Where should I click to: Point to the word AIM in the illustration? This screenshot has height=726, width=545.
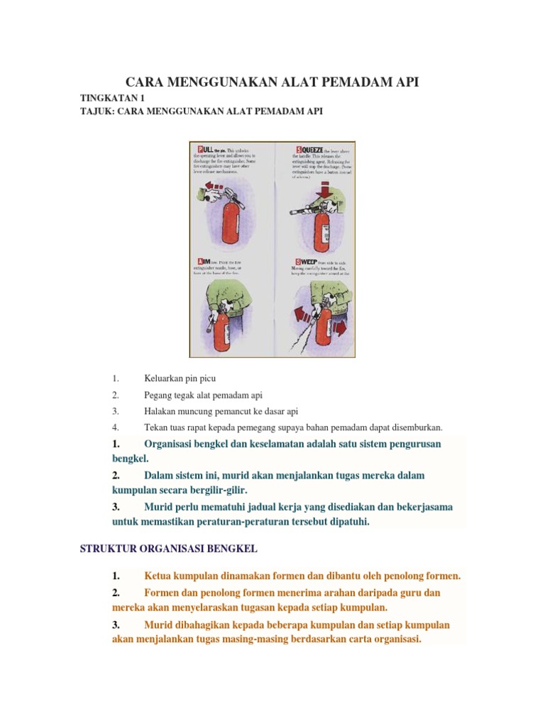coord(204,262)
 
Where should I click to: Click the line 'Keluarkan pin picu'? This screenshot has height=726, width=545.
coord(180,379)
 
